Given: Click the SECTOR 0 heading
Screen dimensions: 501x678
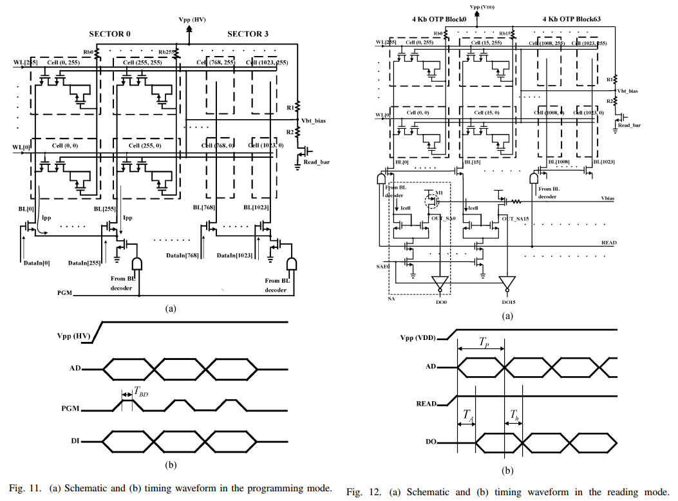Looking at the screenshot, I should coord(109,33).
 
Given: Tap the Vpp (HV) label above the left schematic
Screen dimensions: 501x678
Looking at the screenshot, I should coord(192,21).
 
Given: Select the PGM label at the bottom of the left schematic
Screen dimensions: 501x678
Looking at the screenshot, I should coord(64,293).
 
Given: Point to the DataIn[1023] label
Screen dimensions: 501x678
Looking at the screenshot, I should coord(235,256).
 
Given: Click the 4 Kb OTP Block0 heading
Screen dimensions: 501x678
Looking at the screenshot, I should coord(442,19).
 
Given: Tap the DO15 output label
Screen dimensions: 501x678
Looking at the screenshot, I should coord(509,302).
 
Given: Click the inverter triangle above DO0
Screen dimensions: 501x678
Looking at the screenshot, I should coord(440,282).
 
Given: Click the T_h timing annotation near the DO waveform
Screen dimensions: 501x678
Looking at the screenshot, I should coord(514,415).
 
